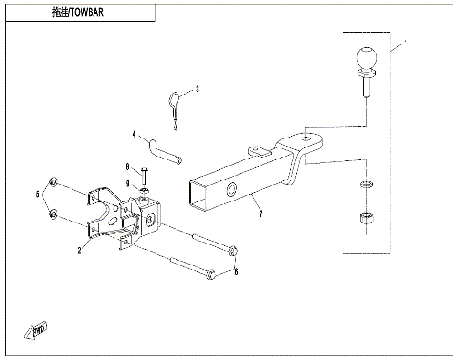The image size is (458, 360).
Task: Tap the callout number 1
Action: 405,44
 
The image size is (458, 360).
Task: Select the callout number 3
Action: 197,89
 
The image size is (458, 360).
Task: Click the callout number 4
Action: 135,135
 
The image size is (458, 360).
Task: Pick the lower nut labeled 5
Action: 55,212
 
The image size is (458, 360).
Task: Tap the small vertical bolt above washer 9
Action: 142,176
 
